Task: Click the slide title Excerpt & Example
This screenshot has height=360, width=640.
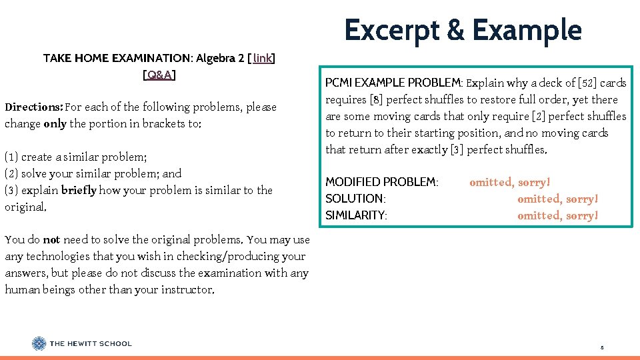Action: coord(463,31)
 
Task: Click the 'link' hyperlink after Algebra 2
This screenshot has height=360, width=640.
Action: coord(263,59)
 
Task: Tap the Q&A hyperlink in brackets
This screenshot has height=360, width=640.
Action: coord(159,75)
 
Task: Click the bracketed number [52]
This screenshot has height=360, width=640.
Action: coord(583,83)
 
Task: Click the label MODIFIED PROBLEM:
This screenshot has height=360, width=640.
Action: coord(381,182)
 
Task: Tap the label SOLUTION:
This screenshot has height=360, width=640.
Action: coord(355,199)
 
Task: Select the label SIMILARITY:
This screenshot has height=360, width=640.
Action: coord(356,215)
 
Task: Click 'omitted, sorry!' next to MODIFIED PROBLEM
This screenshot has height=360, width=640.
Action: coord(510,182)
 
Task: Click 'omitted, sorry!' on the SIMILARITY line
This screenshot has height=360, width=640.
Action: coord(558,215)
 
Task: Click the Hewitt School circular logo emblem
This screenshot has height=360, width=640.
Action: coord(39,344)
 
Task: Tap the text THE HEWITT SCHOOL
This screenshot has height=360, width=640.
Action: coord(91,344)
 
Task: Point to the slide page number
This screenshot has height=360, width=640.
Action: coord(601,347)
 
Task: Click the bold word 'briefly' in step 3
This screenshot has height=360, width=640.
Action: coord(79,191)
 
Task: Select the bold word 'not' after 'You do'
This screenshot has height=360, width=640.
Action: coord(51,239)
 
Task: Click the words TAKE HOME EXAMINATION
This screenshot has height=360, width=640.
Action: coord(117,59)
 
